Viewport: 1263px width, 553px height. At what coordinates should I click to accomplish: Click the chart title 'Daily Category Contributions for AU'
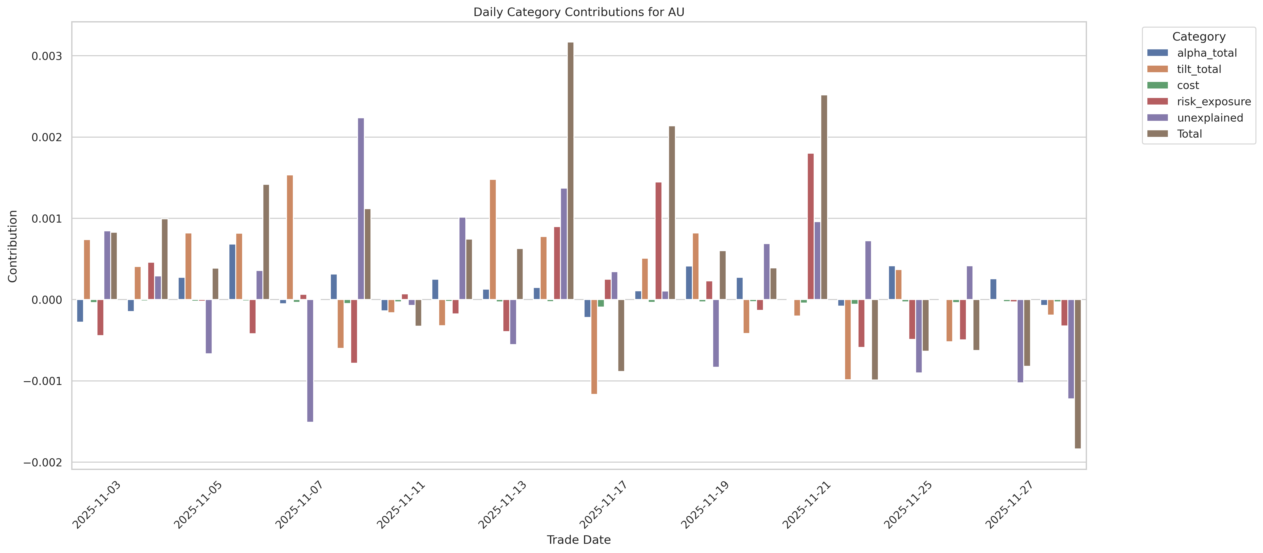[579, 12]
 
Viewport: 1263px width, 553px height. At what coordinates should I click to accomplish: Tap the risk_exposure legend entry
[1213, 101]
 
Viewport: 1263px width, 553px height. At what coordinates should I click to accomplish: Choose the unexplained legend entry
[1210, 118]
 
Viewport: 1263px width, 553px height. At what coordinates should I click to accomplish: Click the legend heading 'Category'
[1199, 37]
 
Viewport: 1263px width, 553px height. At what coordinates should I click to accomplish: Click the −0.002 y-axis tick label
[43, 462]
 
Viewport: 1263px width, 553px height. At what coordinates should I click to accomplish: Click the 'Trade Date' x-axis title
[579, 540]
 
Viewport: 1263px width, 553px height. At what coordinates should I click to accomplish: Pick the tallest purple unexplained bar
[361, 208]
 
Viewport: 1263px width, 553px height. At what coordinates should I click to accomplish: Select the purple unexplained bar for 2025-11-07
[310, 360]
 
